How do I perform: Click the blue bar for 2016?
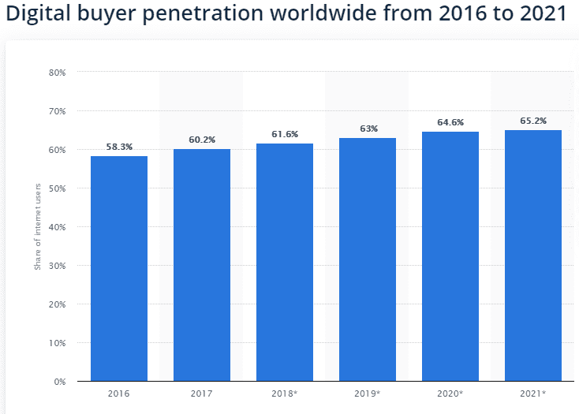pyautogui.click(x=119, y=268)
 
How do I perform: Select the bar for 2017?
pyautogui.click(x=202, y=265)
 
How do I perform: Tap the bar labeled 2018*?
pyautogui.click(x=285, y=262)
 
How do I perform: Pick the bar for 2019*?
pyautogui.click(x=368, y=259)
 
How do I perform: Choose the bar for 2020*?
pyautogui.click(x=450, y=256)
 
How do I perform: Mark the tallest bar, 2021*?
pyautogui.click(x=533, y=255)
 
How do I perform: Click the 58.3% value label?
pyautogui.click(x=119, y=147)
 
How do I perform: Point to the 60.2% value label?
pyautogui.click(x=202, y=140)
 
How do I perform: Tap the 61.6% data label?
pyautogui.click(x=285, y=135)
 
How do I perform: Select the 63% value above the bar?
pyautogui.click(x=368, y=129)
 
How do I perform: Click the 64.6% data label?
pyautogui.click(x=450, y=122)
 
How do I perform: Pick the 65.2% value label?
pyautogui.click(x=533, y=121)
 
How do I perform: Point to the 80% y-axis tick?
pyautogui.click(x=57, y=73)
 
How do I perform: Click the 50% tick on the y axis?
pyautogui.click(x=57, y=188)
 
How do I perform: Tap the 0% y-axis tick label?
pyautogui.click(x=59, y=382)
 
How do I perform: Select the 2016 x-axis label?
pyautogui.click(x=119, y=393)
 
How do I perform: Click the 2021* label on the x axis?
pyautogui.click(x=533, y=393)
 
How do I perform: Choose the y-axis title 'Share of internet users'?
pyautogui.click(x=37, y=227)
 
